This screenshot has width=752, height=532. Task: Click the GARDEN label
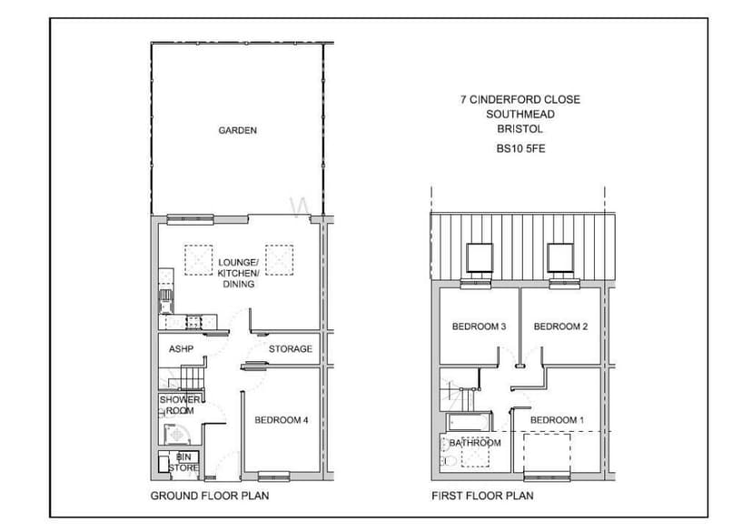tap(237, 130)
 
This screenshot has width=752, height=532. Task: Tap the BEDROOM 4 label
tap(282, 420)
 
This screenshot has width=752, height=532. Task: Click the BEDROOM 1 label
tap(557, 420)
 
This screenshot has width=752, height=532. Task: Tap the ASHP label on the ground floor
tap(181, 348)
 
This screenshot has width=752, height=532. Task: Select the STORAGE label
tap(290, 348)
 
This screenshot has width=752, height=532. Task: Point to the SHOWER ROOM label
tap(181, 406)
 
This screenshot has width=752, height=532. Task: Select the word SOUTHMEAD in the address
tap(519, 115)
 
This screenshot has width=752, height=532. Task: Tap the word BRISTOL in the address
tap(519, 130)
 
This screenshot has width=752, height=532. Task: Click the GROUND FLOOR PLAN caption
tap(209, 497)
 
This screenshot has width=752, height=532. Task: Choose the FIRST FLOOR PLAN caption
tap(482, 497)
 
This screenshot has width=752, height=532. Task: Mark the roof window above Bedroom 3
tap(479, 259)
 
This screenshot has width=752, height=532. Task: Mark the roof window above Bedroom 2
tap(560, 259)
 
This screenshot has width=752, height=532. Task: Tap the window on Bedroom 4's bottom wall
tap(272, 475)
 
